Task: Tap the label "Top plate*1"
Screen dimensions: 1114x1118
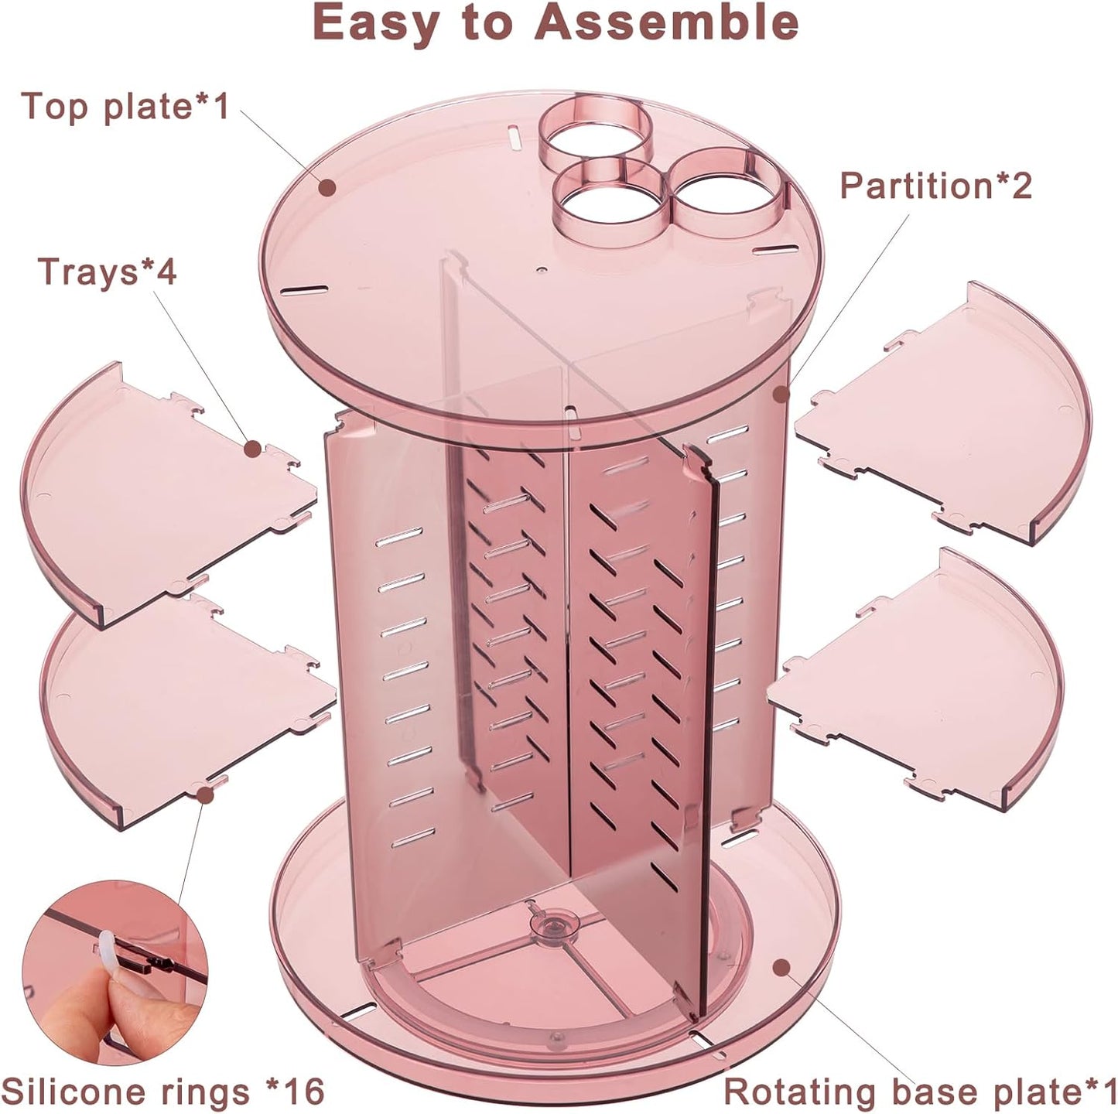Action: coord(125,106)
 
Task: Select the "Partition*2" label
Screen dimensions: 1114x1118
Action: coord(936,186)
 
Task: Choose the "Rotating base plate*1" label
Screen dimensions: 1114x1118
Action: coord(920,1092)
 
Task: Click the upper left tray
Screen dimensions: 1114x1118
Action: coord(155,495)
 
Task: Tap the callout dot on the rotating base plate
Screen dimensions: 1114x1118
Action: coord(782,966)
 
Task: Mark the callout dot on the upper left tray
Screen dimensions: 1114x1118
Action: coord(251,448)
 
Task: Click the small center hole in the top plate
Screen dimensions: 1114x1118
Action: coord(541,271)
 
